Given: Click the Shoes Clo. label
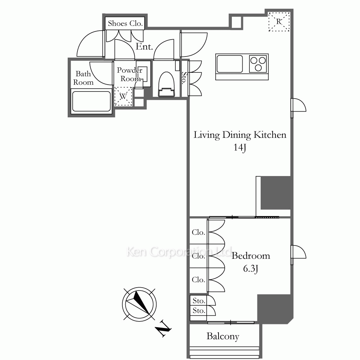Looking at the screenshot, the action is click(125, 23).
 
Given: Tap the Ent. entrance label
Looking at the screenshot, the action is click(144, 46).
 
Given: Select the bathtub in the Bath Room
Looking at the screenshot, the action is click(91, 102).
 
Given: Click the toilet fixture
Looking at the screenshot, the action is click(166, 84).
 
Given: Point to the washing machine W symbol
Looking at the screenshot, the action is click(123, 96).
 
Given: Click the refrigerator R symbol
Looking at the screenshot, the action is click(279, 22).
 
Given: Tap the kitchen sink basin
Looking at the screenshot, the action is click(229, 63).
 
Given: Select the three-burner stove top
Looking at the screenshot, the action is click(258, 64).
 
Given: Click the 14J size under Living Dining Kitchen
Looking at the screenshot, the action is click(240, 147).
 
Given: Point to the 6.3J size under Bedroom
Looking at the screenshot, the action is click(251, 269).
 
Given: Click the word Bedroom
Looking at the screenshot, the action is click(251, 256).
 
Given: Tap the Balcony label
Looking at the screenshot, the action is click(223, 336).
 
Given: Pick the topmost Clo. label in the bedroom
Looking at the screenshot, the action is click(198, 232).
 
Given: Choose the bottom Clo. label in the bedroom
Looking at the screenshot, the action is click(198, 280).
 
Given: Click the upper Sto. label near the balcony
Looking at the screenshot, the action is click(199, 301).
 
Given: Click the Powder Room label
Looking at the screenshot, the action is click(130, 75).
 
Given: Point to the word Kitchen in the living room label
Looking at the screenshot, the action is click(270, 135).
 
